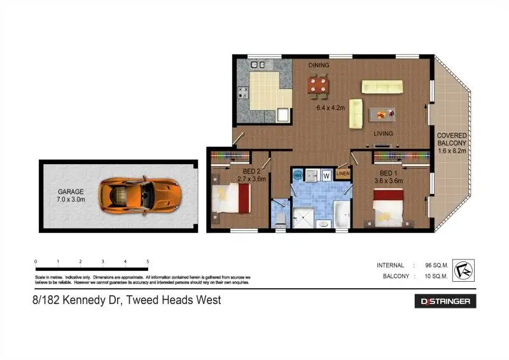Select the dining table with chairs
tap(319, 85)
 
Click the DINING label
tap(319, 66)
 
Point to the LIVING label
tap(383, 134)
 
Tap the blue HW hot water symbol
tap(298, 174)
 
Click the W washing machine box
tap(326, 175)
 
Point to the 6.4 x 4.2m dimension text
tap(330, 108)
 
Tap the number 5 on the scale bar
tap(148, 261)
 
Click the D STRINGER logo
tap(445, 301)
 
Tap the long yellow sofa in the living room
tap(382, 87)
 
